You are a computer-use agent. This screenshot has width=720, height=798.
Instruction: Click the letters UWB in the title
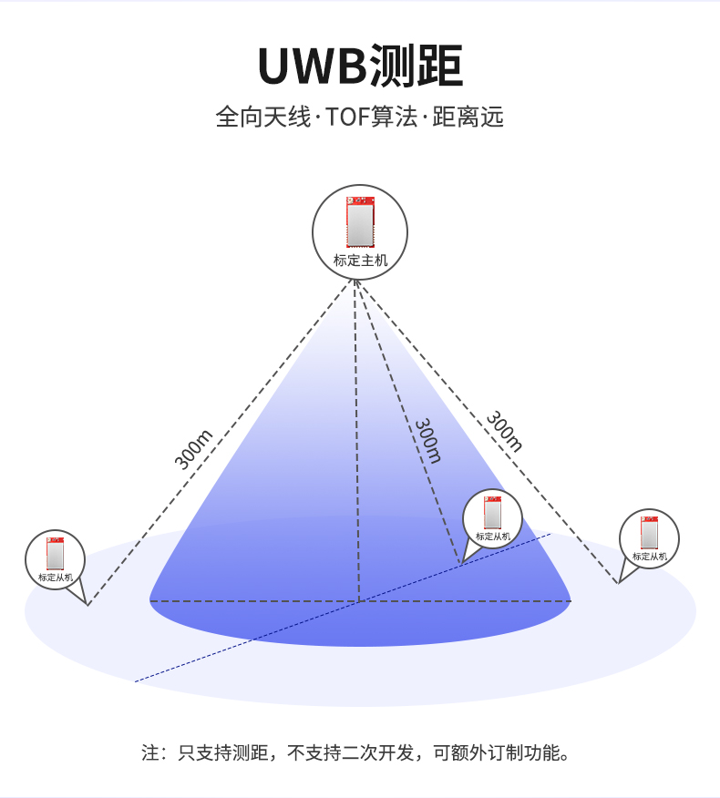[x=312, y=66]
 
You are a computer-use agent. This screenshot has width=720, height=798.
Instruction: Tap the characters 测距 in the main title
[x=415, y=66]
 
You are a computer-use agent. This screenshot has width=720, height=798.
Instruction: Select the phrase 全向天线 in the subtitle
[x=262, y=117]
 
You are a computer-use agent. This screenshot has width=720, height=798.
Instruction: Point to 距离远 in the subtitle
[x=468, y=117]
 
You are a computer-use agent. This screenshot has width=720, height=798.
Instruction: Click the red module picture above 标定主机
[x=361, y=222]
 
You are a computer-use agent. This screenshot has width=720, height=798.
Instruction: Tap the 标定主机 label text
[x=361, y=261]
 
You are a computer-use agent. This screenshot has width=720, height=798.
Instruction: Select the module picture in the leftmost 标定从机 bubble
[x=55, y=553]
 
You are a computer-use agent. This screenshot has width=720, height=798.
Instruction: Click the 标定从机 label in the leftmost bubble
[x=56, y=578]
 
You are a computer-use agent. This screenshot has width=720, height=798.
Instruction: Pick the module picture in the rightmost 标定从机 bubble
[x=649, y=532]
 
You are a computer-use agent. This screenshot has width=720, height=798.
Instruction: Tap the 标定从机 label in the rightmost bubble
[x=650, y=557]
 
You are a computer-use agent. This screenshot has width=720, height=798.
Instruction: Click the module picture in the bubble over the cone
[x=492, y=513]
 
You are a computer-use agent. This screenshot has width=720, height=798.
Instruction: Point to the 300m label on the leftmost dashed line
[x=193, y=449]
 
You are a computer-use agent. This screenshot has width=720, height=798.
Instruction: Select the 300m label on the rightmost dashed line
[x=504, y=432]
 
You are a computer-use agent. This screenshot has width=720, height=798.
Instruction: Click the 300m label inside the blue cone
[x=427, y=441]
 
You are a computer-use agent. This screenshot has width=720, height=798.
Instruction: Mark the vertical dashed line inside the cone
[x=357, y=441]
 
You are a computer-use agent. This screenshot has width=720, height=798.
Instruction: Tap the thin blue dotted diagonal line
[x=343, y=608]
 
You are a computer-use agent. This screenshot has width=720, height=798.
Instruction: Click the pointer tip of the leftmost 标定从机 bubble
[x=87, y=605]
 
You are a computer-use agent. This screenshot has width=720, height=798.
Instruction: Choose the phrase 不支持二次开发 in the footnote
[x=350, y=752]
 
